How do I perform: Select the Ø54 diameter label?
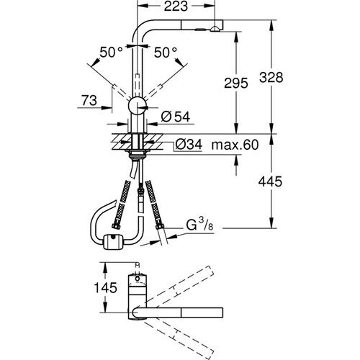[175, 115]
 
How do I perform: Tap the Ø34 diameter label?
[189, 145]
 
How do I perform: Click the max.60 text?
[235, 145]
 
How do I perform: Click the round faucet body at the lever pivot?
[137, 109]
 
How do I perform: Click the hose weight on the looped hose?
[112, 240]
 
